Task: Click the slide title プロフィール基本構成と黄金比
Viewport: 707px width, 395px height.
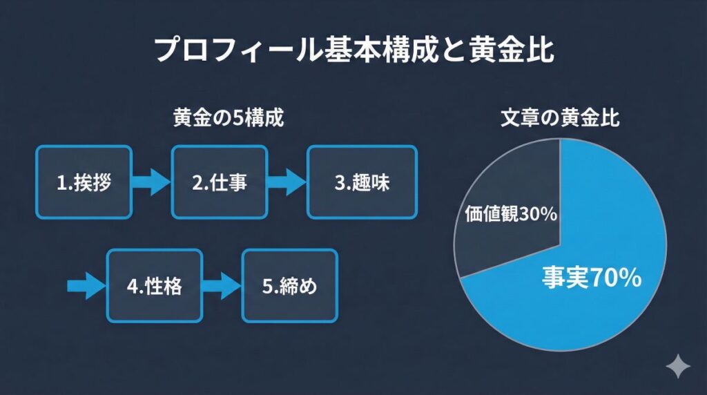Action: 353,51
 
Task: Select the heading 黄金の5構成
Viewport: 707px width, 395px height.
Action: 227,118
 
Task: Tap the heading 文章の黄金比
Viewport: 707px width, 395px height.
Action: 560,118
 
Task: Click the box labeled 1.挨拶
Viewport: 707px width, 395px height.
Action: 83,182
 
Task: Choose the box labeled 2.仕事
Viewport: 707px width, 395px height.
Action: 219,182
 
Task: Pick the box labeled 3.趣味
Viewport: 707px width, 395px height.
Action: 361,182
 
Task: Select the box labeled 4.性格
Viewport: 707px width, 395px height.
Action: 155,286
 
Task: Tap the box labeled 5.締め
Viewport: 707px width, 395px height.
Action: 289,286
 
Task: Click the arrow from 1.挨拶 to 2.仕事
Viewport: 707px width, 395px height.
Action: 151,183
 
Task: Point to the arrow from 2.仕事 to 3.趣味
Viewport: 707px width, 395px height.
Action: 286,183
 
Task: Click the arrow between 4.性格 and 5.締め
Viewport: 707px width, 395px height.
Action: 222,286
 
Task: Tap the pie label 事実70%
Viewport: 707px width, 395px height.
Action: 592,278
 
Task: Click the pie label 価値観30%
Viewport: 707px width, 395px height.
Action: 507,215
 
